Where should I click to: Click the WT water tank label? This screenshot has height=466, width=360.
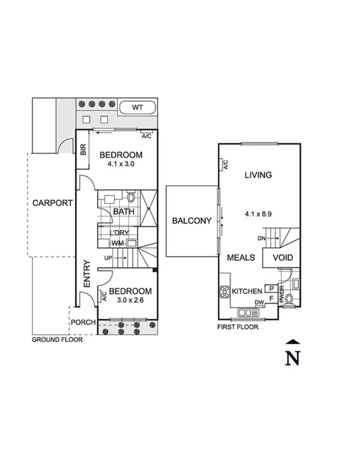point(137,107)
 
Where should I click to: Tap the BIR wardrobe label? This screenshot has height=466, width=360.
point(83,151)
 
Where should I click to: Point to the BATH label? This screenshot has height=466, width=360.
point(123,212)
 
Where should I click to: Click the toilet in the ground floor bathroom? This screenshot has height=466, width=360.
point(131,198)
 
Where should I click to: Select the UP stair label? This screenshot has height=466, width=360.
point(108,257)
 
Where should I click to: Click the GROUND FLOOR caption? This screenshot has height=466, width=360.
point(58,340)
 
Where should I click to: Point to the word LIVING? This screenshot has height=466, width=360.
point(258,176)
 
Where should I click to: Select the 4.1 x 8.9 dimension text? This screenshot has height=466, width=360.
point(258,215)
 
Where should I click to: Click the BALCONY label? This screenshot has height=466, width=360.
point(192,221)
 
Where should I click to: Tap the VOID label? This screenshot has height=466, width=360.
point(282,257)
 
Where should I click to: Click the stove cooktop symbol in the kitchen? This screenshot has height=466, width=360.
point(224,292)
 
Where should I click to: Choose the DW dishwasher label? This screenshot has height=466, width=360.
point(258,303)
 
